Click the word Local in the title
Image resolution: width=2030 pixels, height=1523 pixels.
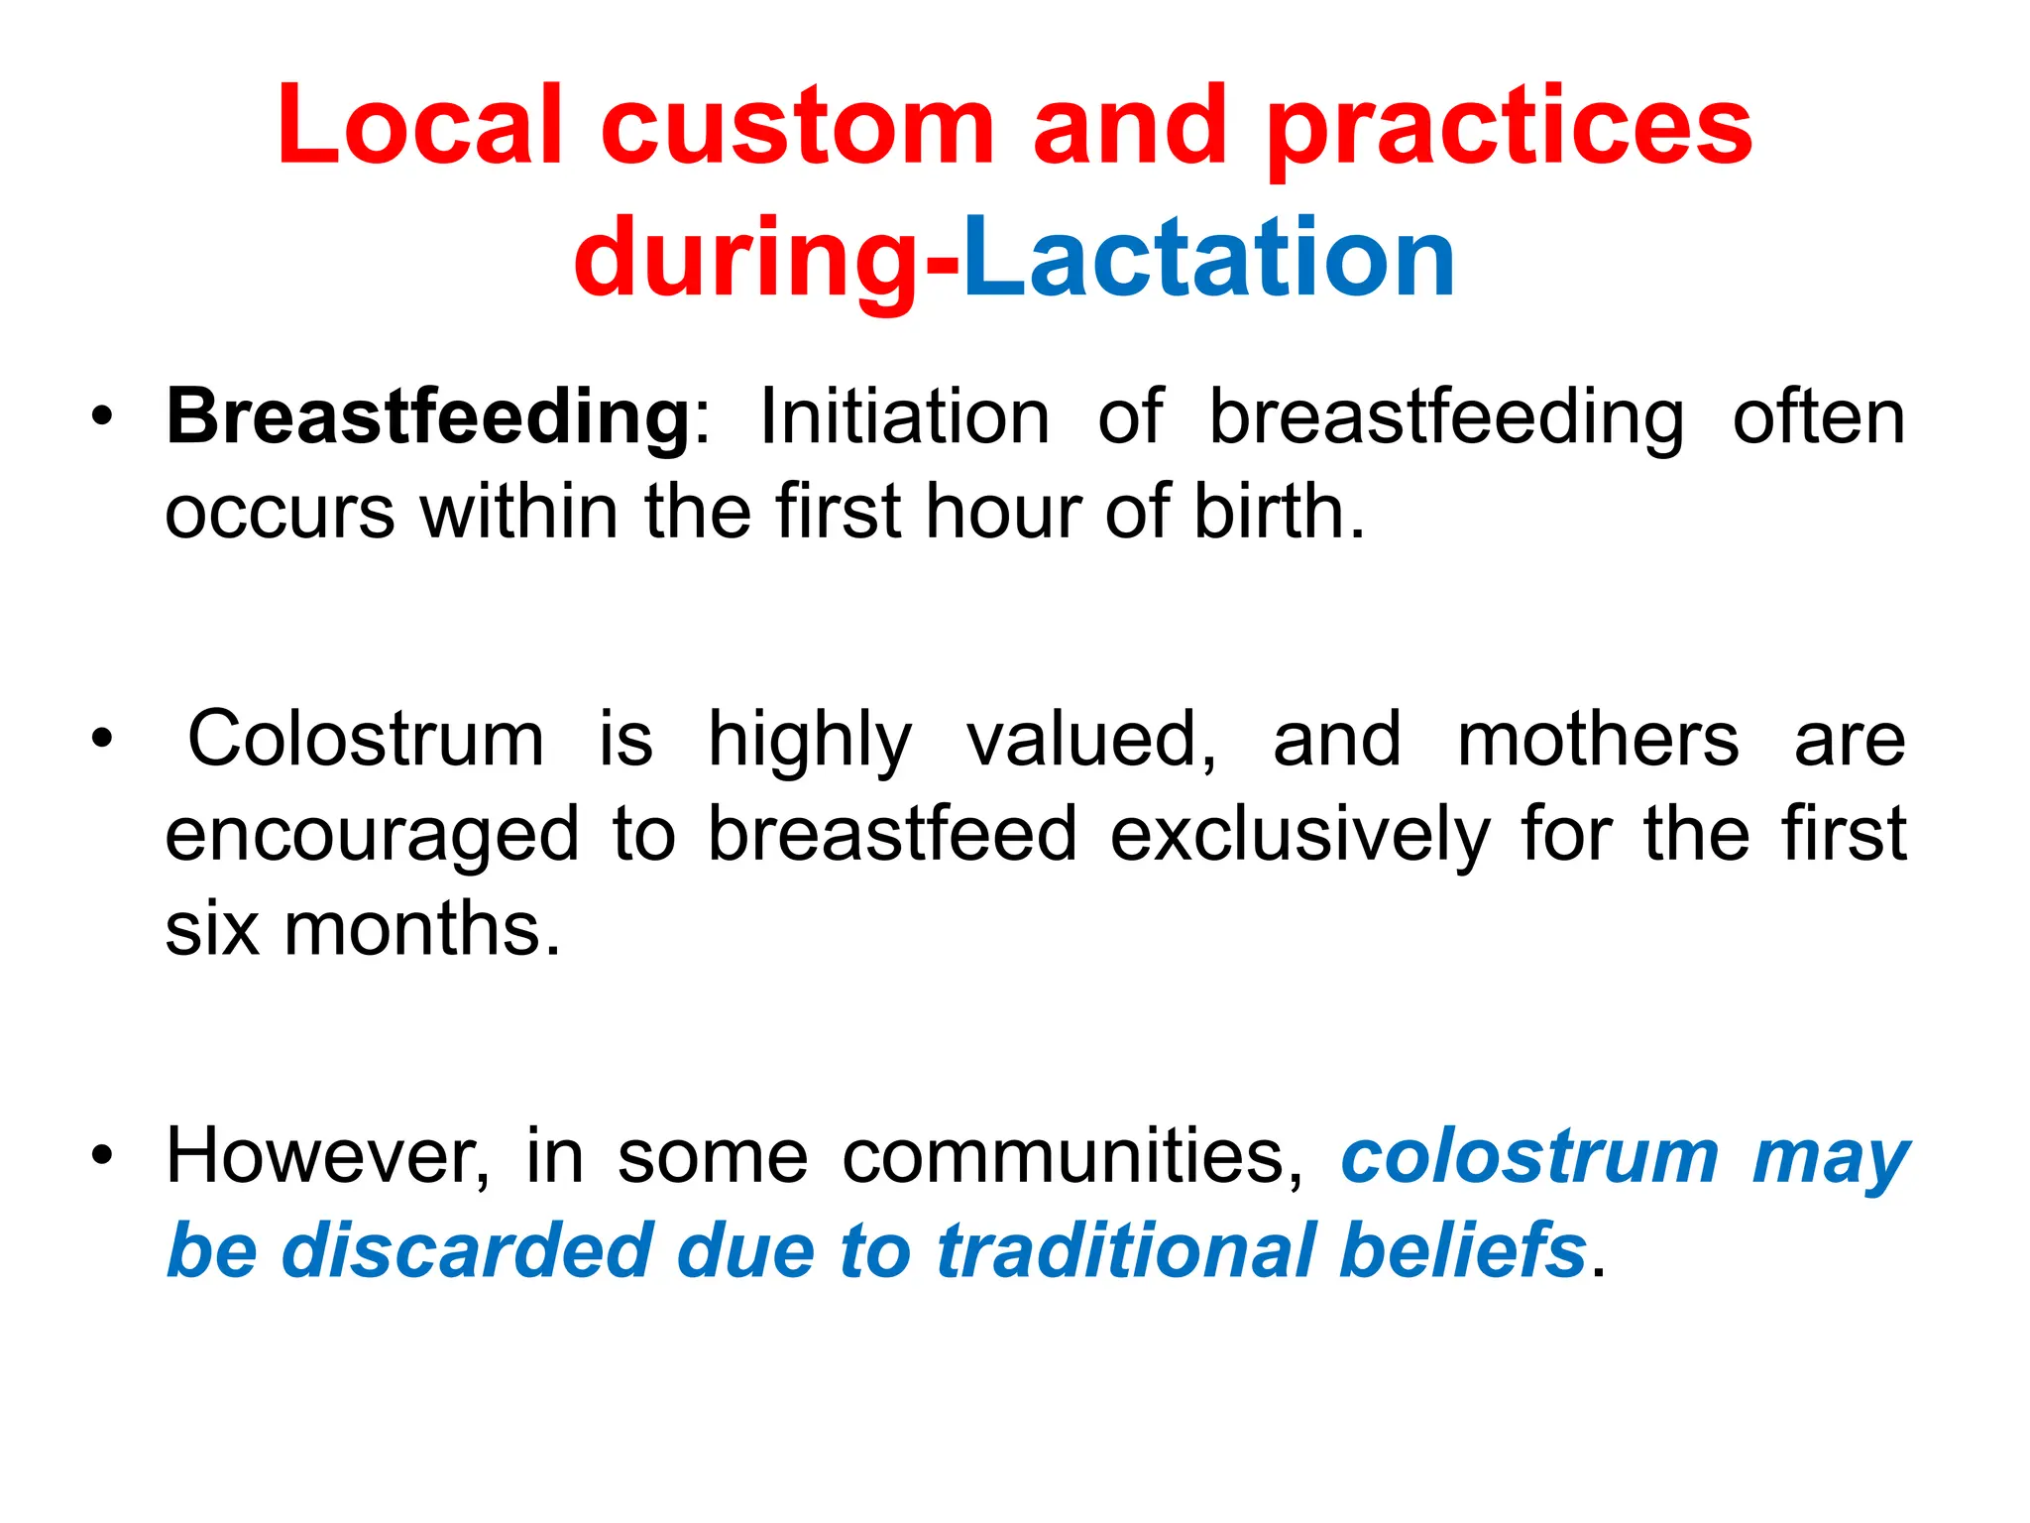coord(420,126)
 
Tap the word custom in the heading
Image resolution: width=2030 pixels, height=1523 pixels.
coord(797,126)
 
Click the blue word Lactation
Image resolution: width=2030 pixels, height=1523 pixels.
coord(1209,260)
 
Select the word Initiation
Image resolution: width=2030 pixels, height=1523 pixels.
coord(904,417)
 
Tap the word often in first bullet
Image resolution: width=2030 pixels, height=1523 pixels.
coord(1818,417)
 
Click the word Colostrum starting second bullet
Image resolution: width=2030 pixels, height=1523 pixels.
coord(366,740)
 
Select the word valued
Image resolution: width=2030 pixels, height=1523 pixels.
coord(1090,740)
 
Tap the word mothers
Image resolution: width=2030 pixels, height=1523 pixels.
coord(1598,740)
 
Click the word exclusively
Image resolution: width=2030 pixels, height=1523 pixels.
coord(1299,834)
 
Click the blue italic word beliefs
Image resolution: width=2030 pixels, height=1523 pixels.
coord(1463,1250)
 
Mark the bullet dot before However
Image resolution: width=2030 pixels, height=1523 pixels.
coord(102,1156)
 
